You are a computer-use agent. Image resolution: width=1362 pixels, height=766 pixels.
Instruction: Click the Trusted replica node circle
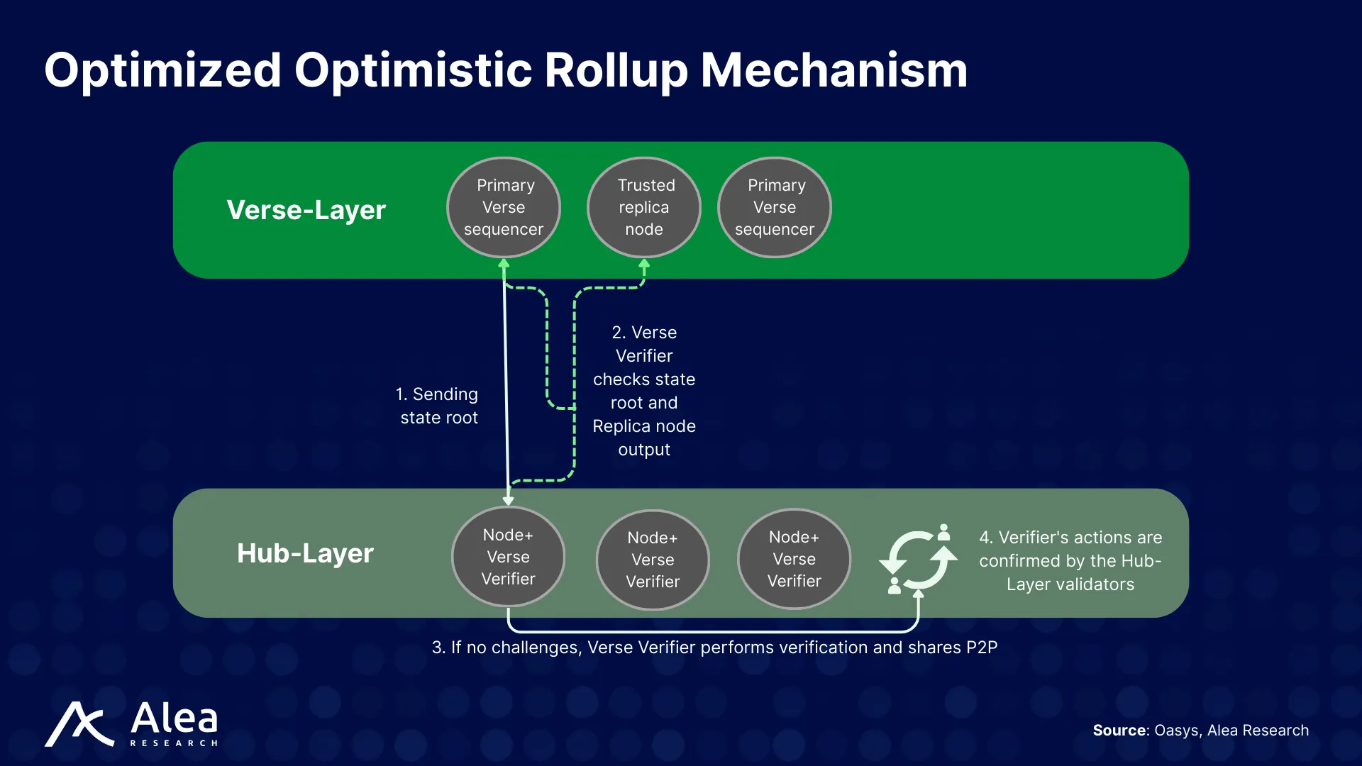pos(644,207)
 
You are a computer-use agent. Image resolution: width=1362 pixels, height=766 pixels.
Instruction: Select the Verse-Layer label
pos(306,210)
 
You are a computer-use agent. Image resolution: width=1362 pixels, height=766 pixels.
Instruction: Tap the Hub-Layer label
pos(305,553)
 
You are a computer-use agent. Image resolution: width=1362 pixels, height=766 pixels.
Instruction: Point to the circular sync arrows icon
pos(919,560)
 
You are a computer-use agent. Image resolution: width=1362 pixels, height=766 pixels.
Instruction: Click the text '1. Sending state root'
pos(438,406)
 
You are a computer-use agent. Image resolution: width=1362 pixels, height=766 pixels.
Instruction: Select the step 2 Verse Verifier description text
pos(644,391)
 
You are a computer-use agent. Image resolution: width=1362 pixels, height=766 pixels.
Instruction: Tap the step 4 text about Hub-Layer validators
pos(1070,560)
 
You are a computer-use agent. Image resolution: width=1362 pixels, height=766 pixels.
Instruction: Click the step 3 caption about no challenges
pos(714,648)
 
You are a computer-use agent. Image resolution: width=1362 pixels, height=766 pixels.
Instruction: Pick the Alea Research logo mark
pos(79,724)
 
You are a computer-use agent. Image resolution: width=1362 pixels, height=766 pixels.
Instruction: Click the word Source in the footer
pos(1119,731)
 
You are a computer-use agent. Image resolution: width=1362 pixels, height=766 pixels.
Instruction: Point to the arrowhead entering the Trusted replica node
pos(644,265)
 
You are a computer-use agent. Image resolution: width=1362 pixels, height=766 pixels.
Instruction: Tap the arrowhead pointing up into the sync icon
pos(918,594)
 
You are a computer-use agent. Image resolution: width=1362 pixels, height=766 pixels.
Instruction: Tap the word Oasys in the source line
pos(1176,731)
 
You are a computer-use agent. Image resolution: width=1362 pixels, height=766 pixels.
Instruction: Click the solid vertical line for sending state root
pos(506,383)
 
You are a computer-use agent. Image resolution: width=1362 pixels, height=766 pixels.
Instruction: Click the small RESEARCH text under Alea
pos(175,743)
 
